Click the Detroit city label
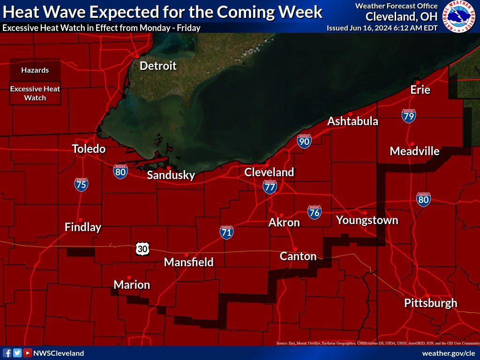[x=158, y=66]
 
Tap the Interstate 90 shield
[x=304, y=141]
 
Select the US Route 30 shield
[x=142, y=248]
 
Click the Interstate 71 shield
[x=226, y=232]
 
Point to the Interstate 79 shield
[x=408, y=116]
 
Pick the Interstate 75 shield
[x=81, y=184]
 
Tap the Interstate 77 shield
[x=270, y=187]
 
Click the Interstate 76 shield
[x=315, y=212]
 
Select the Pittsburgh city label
[x=430, y=303]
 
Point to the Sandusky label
[x=171, y=175]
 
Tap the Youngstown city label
[x=367, y=220]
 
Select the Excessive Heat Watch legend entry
[x=35, y=94]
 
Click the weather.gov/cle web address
[x=449, y=353]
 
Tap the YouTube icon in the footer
[x=28, y=353]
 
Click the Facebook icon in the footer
[x=7, y=353]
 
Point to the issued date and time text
[x=382, y=28]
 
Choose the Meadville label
[x=414, y=151]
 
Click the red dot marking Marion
[x=129, y=277]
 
